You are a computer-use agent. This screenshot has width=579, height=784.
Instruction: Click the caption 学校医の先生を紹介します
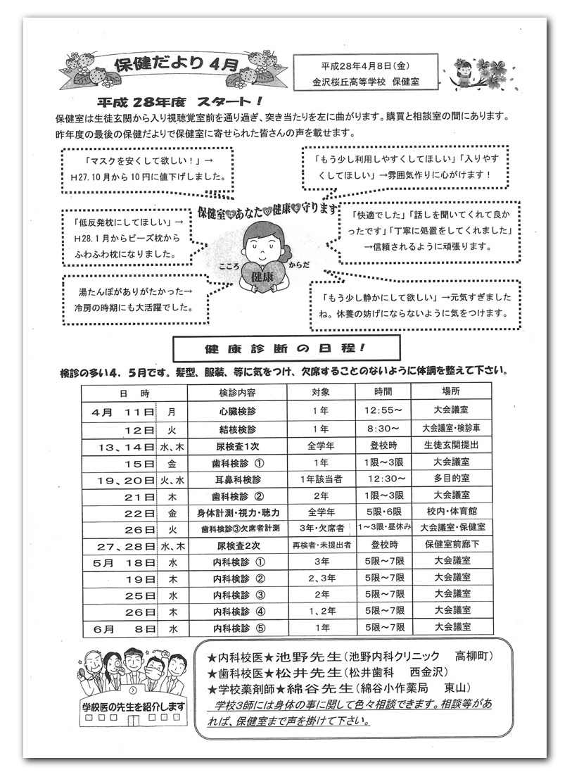point(134,706)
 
